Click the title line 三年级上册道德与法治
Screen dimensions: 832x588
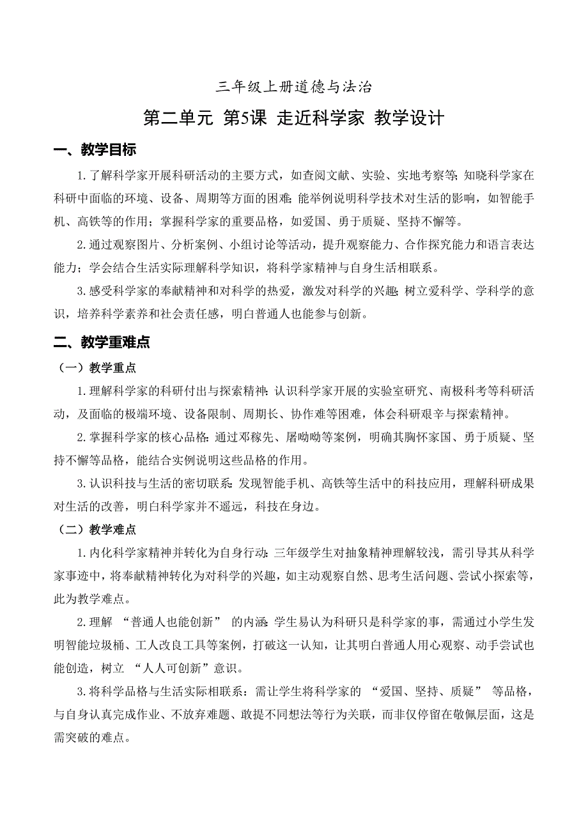point(294,86)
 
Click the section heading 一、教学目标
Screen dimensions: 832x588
point(95,151)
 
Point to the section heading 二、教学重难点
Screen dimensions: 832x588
point(102,343)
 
